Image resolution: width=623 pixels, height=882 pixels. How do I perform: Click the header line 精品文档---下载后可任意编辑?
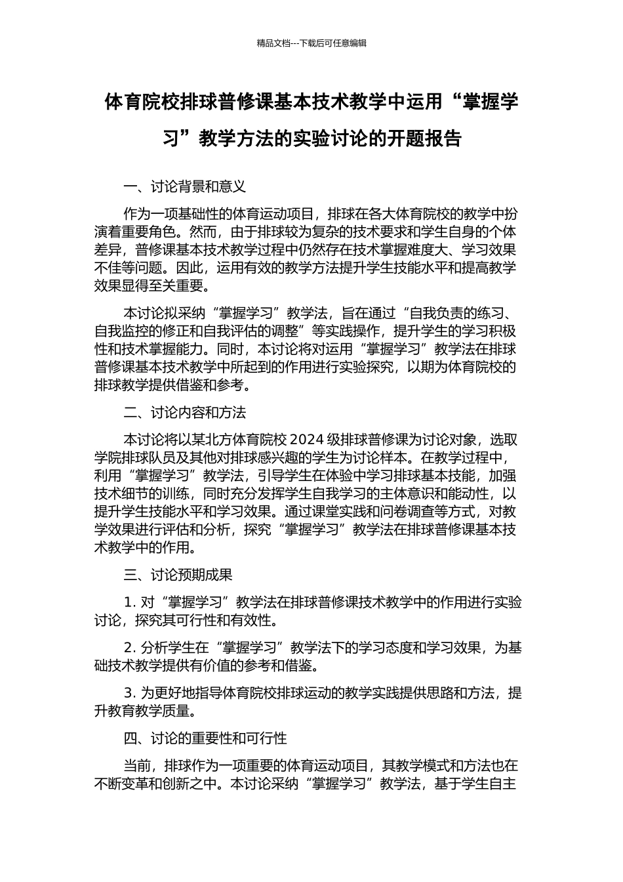tap(311, 43)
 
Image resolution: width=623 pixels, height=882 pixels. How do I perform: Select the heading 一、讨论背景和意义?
tap(185, 187)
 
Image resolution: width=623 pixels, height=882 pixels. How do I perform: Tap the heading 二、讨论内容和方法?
tap(185, 413)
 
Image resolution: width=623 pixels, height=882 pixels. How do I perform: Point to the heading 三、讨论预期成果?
tap(178, 575)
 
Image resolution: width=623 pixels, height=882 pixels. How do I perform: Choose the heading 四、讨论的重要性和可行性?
tap(205, 738)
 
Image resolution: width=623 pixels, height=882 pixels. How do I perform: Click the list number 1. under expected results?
tap(129, 602)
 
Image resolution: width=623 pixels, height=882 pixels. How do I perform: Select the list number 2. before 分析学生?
tap(129, 648)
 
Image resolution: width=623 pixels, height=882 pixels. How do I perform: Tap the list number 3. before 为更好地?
tap(129, 693)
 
